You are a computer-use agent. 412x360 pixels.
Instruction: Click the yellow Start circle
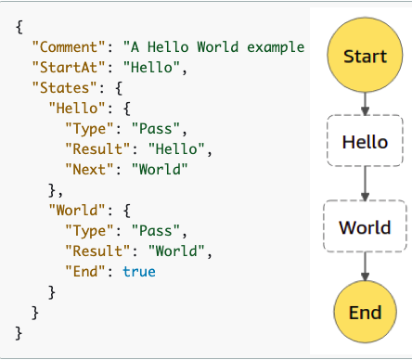tap(365, 56)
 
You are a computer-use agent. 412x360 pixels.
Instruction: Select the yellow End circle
tap(365, 313)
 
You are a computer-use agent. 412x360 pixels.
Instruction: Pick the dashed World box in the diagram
tap(365, 226)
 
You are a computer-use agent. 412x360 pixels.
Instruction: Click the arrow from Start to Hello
tap(365, 102)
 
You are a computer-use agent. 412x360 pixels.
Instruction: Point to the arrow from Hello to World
tap(365, 184)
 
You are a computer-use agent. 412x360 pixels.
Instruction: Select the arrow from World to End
tap(365, 267)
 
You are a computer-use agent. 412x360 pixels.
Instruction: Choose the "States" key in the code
tap(60, 88)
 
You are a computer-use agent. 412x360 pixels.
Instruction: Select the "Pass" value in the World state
tap(159, 229)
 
